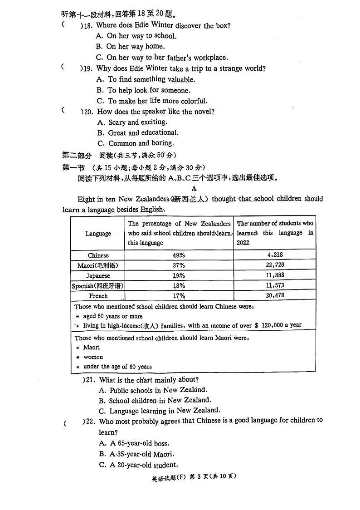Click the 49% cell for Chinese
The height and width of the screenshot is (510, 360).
tap(179, 255)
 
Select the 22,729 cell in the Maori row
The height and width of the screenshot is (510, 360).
tap(275, 265)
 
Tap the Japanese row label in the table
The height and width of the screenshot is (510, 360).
tap(98, 275)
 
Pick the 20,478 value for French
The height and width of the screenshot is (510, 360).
tap(275, 295)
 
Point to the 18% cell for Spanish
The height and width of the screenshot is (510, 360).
tap(179, 285)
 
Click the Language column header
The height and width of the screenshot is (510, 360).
tap(98, 233)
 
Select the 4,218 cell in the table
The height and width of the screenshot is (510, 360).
tap(275, 255)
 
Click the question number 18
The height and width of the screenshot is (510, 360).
tap(88, 25)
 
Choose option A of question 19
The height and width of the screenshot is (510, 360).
tap(145, 79)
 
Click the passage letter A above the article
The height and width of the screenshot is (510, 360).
tap(194, 188)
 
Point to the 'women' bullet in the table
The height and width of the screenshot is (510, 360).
tap(93, 357)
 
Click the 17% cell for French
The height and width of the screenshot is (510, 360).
tap(179, 296)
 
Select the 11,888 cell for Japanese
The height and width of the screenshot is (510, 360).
tap(275, 275)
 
